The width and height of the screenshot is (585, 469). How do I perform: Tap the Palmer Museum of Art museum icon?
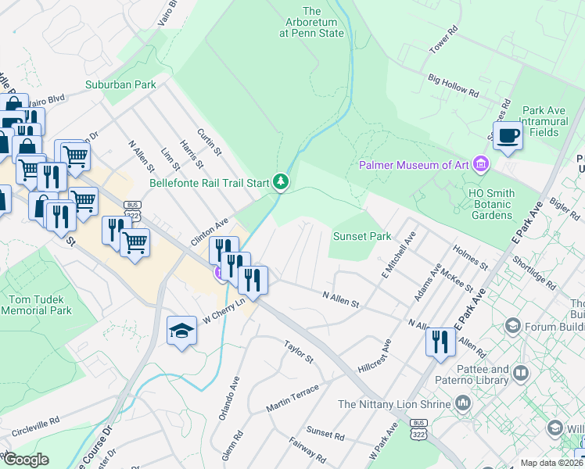point(481,164)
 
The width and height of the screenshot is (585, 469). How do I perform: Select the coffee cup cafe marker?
point(508,136)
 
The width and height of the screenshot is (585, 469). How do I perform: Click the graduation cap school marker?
point(182,330)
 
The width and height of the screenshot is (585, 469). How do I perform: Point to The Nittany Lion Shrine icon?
point(463,403)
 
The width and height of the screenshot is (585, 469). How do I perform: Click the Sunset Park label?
point(362,236)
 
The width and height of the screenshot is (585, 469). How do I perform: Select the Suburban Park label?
point(121,84)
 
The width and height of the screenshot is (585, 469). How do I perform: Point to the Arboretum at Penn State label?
point(312,23)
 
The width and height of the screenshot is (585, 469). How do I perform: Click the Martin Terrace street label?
point(292,399)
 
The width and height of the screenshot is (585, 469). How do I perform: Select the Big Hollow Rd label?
point(454,86)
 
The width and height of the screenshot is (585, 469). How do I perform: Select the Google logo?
point(26,460)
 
